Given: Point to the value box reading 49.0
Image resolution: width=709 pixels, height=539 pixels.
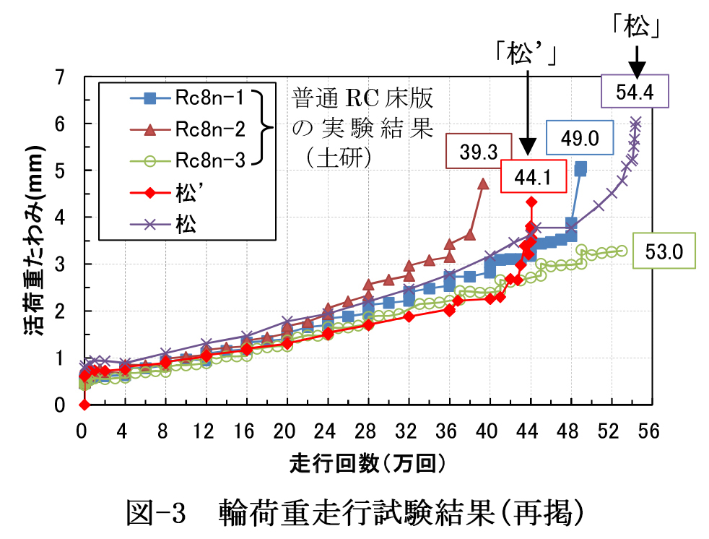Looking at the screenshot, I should (x=580, y=137).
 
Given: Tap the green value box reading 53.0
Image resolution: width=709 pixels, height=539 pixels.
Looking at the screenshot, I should (x=664, y=251).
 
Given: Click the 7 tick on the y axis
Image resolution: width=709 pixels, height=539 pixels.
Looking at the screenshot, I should (x=61, y=77).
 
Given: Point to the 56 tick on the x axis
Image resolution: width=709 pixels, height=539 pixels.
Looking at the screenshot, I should (x=649, y=431).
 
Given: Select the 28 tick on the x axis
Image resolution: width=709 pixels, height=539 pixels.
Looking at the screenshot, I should (x=367, y=431).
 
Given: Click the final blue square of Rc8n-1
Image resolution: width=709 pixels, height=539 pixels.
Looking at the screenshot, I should (x=580, y=168).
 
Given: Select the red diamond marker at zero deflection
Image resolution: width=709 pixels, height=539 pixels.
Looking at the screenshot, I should (x=84, y=405).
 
